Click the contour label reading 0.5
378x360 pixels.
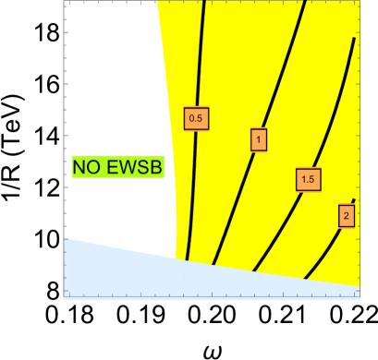coord(196,118)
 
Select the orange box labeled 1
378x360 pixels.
coord(260,139)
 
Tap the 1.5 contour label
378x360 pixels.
coord(308,180)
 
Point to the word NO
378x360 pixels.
coord(87,167)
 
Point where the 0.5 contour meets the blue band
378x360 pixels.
coord(187,260)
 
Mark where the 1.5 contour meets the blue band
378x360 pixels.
coord(253,270)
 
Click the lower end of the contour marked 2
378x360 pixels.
coord(305,277)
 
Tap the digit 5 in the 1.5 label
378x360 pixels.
coord(313,180)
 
